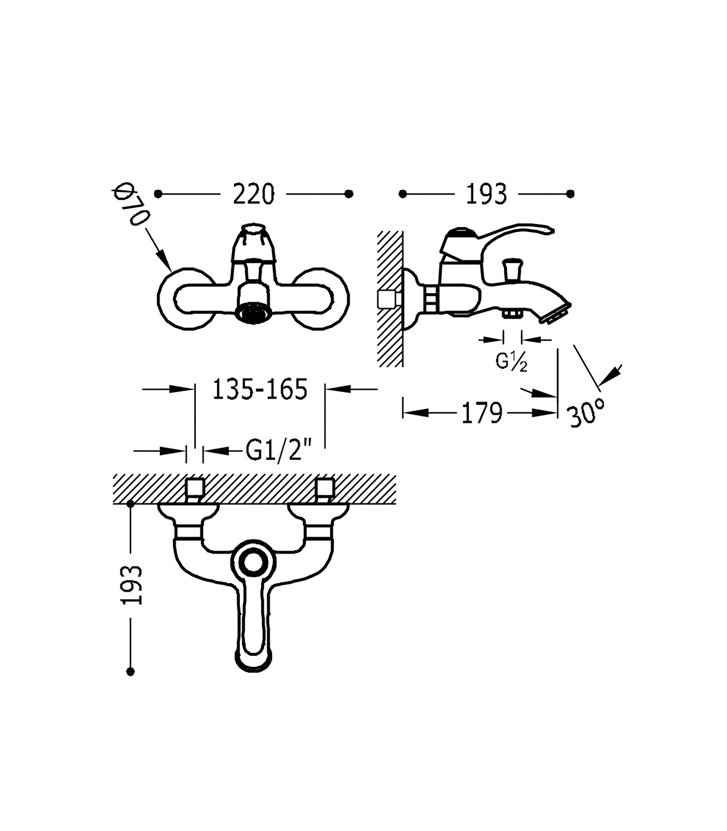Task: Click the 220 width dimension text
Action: pyautogui.click(x=253, y=194)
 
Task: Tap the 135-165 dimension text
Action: pyautogui.click(x=260, y=389)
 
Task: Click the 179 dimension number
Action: pyautogui.click(x=482, y=413)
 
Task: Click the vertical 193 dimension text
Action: pyautogui.click(x=132, y=584)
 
